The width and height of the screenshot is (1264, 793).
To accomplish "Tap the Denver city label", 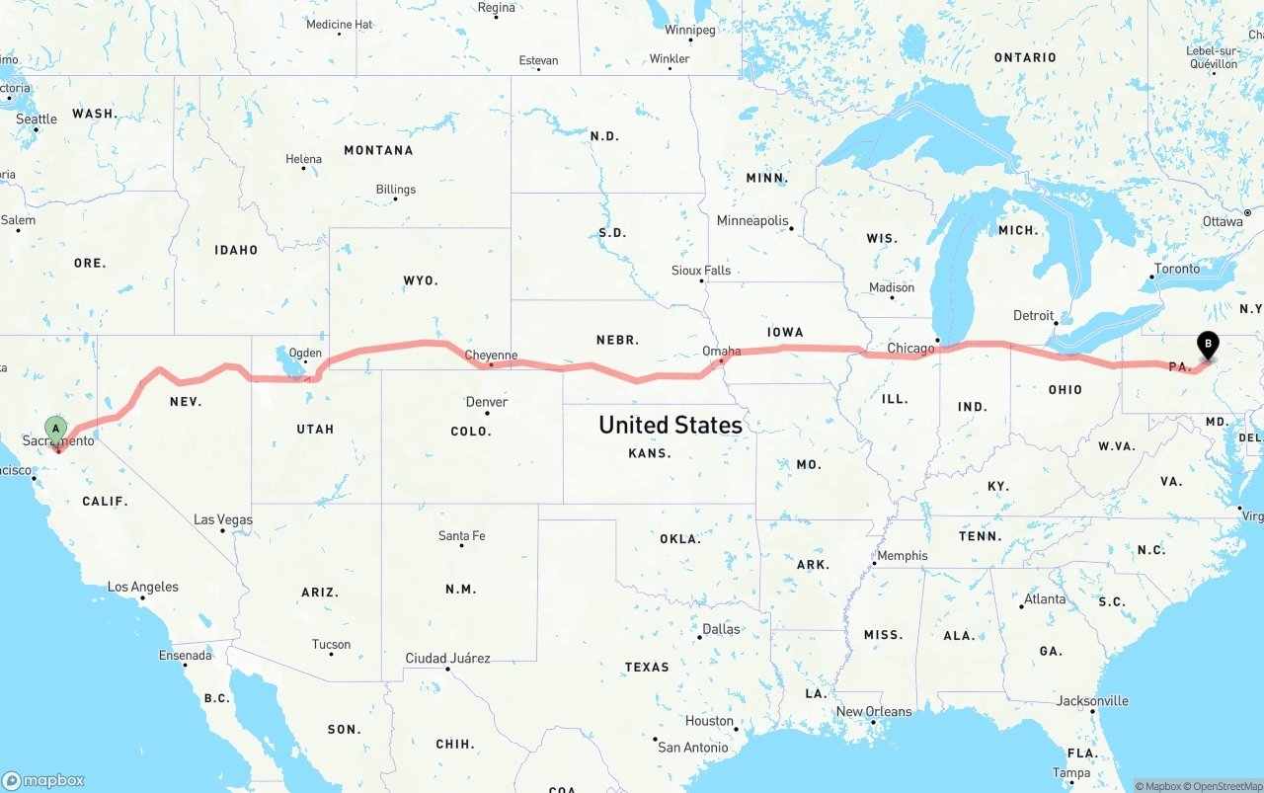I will (x=487, y=402).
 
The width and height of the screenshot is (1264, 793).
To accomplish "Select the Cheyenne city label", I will (x=491, y=356).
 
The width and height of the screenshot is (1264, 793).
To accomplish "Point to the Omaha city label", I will (x=721, y=351).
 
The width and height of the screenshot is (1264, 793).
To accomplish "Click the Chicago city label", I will (x=910, y=348).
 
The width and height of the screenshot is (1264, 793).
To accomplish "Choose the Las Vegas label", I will (x=223, y=519).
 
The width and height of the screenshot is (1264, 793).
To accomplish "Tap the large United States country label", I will (x=671, y=425).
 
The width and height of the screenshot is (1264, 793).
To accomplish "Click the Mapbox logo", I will (x=43, y=780).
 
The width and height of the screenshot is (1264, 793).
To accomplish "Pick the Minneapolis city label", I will (x=752, y=220).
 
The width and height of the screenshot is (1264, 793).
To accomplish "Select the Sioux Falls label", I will (x=701, y=271).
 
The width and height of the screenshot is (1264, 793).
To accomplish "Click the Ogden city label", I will (x=305, y=353).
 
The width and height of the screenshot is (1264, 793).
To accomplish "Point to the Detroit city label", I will (x=1034, y=316).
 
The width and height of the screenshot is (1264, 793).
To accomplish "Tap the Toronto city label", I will (x=1177, y=269).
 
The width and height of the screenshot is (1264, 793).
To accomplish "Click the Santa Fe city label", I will (x=462, y=536).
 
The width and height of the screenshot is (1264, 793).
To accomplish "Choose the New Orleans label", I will (x=874, y=711).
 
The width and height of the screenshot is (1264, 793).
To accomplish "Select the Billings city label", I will (x=396, y=190).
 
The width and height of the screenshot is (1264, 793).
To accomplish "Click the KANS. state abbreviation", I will (x=650, y=453).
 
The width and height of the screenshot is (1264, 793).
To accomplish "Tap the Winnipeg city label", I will (x=690, y=30).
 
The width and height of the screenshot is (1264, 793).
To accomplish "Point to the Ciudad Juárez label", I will (x=447, y=658).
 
